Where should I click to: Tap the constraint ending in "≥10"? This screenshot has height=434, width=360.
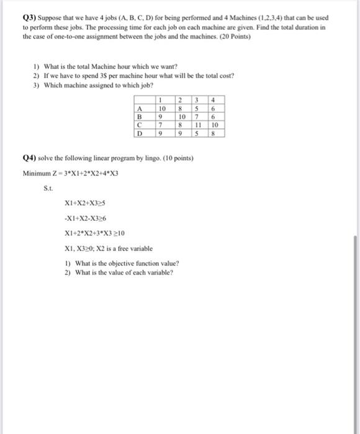(x=94, y=234)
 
